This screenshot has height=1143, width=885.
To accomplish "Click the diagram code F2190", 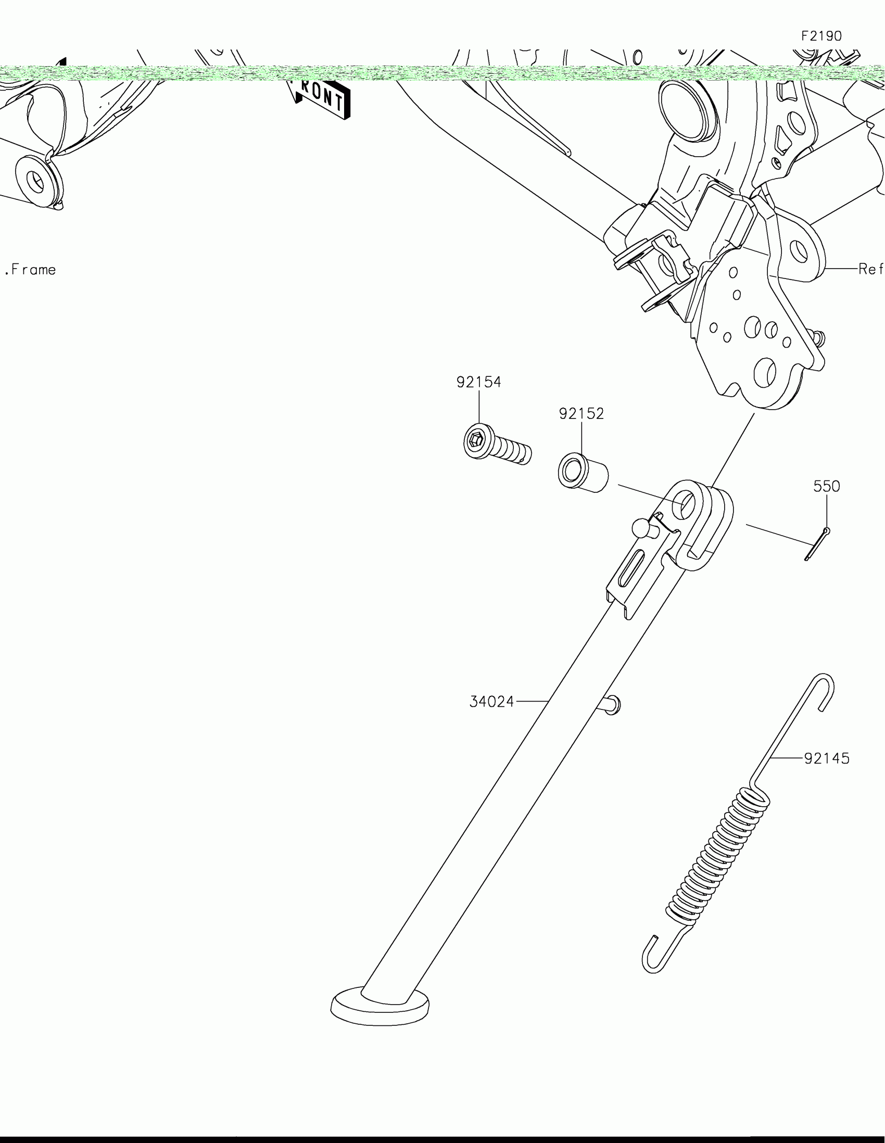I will pyautogui.click(x=821, y=36).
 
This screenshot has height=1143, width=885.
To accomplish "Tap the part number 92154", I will pyautogui.click(x=478, y=383).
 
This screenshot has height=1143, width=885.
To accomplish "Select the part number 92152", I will pyautogui.click(x=581, y=414).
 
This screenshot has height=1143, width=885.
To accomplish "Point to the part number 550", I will pyautogui.click(x=826, y=487).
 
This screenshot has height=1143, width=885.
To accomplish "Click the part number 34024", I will pyautogui.click(x=491, y=702).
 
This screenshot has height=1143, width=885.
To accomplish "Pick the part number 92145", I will pyautogui.click(x=827, y=758).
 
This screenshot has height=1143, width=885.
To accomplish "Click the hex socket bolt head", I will pyautogui.click(x=478, y=442).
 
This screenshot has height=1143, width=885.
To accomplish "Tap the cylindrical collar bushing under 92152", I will pyautogui.click(x=583, y=473).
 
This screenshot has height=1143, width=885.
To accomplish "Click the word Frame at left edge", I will pyautogui.click(x=33, y=270).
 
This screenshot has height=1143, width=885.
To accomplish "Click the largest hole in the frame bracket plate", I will pyautogui.click(x=765, y=373).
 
